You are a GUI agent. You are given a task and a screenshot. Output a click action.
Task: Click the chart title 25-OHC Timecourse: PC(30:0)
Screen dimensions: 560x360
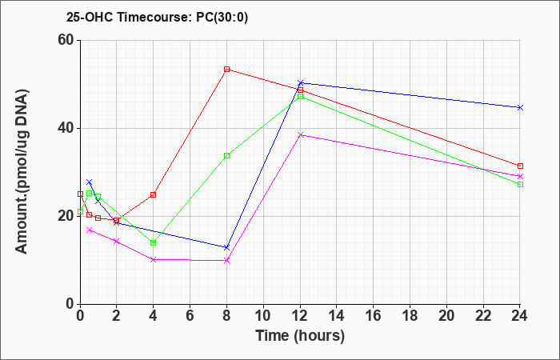coord(157,17)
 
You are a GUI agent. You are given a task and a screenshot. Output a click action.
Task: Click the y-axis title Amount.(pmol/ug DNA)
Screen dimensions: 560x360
coord(22,172)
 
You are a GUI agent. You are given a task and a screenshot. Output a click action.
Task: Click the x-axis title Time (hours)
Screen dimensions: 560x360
coord(300,336)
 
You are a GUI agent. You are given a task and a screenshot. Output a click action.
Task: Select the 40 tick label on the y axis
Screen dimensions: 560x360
coord(66,128)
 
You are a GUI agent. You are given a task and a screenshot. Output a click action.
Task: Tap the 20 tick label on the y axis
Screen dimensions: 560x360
coord(66,216)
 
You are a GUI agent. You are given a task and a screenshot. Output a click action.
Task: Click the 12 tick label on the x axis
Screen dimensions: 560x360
coord(300,315)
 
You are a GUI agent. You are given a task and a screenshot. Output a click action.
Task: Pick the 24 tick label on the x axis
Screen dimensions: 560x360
coord(519,315)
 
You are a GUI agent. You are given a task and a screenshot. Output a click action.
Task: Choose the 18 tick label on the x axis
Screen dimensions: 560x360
coord(410,315)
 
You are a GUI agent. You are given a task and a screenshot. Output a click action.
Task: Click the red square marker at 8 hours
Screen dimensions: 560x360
coord(226,70)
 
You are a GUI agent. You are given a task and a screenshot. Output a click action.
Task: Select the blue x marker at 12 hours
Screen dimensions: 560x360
coord(300,83)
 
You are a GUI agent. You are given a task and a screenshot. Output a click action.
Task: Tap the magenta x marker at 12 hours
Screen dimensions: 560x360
coord(300,134)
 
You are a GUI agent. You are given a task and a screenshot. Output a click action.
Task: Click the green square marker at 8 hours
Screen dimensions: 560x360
coord(226,156)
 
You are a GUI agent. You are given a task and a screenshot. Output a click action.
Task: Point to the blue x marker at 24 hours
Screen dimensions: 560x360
coord(520,107)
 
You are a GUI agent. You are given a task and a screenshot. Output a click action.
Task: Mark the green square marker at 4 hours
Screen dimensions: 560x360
coord(154,243)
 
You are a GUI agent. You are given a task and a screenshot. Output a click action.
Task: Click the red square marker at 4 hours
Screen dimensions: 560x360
coord(154,194)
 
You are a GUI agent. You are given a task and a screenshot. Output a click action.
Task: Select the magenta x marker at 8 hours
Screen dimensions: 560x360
coord(226,261)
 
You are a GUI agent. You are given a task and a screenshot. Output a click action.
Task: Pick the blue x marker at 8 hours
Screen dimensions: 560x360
coord(226,247)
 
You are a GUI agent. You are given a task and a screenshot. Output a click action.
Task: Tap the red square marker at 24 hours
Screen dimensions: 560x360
coord(520,166)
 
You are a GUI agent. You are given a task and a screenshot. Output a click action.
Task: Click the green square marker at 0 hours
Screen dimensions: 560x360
coord(80,212)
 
